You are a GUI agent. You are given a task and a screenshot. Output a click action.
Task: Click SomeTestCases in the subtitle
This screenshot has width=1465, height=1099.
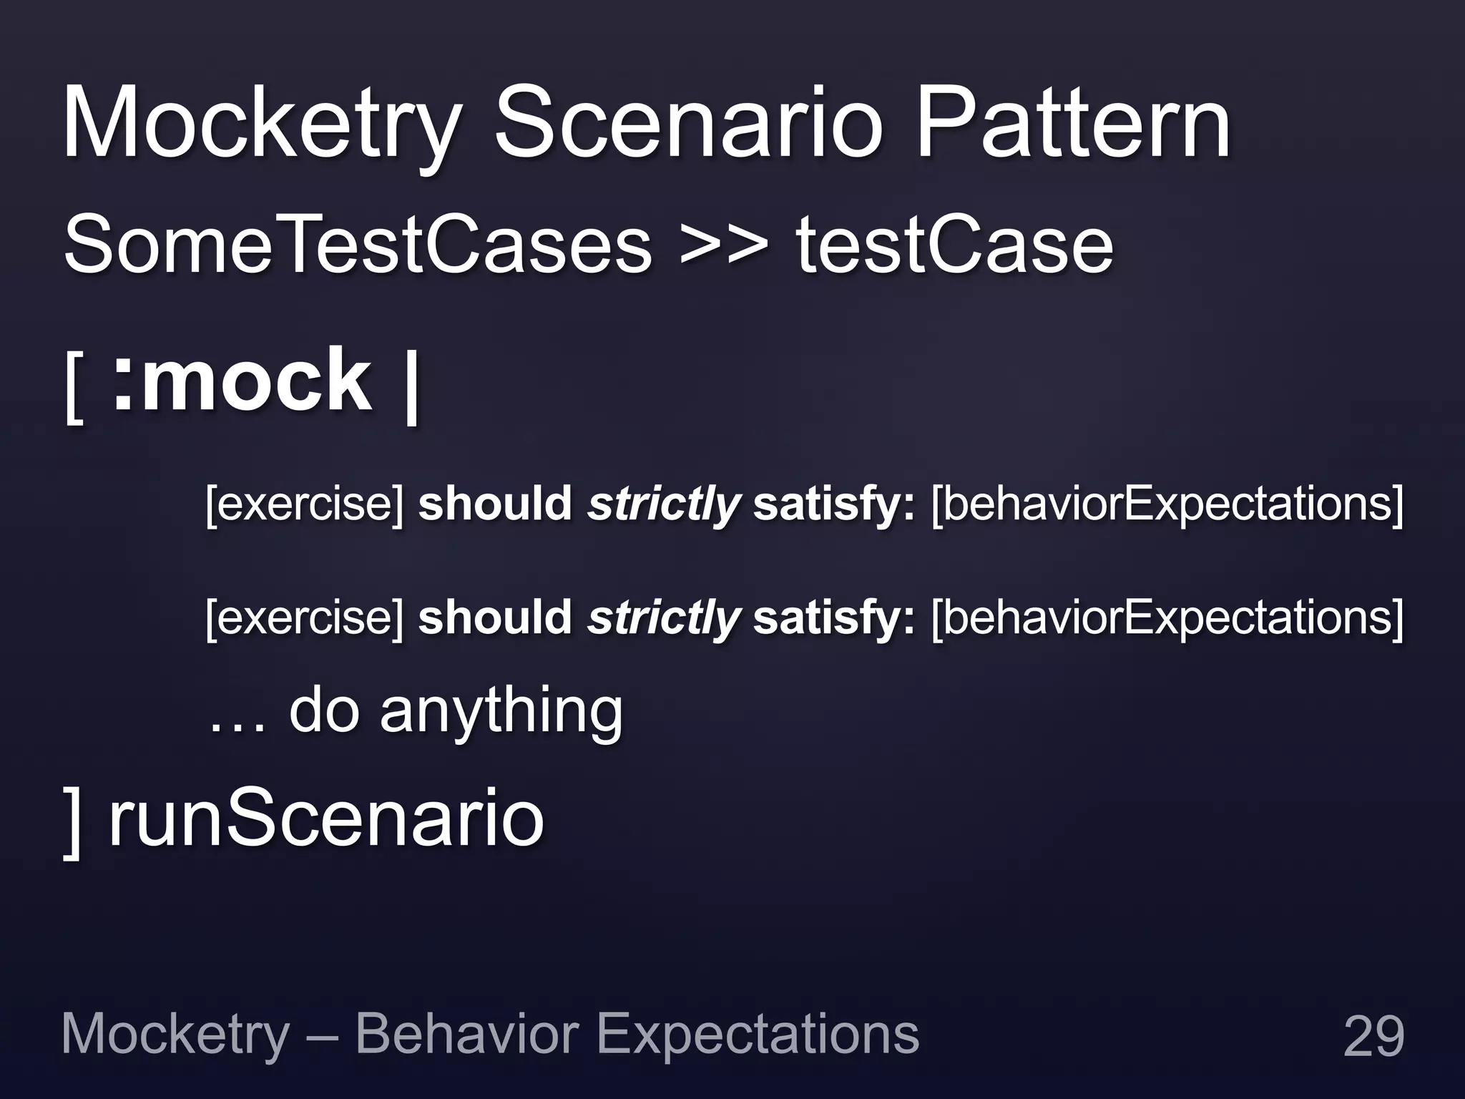tap(358, 245)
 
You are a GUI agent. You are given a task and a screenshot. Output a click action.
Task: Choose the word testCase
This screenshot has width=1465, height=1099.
tap(955, 245)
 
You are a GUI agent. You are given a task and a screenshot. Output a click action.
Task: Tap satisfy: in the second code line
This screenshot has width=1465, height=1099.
tap(833, 617)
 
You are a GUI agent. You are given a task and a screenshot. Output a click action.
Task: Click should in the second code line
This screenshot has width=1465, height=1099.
tap(494, 617)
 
